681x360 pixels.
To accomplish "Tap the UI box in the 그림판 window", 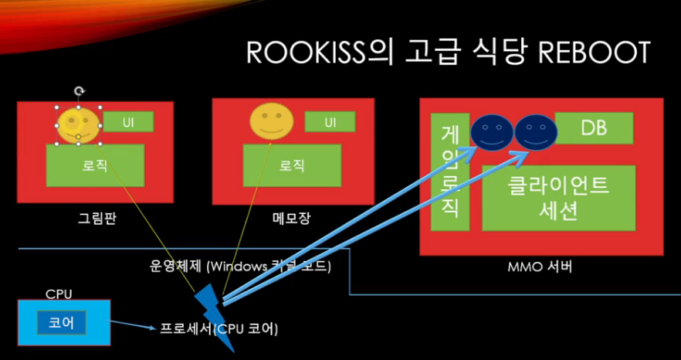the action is point(128,122).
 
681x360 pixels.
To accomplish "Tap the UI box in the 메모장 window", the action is point(330,122).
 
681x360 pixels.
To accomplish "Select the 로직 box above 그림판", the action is point(95,165).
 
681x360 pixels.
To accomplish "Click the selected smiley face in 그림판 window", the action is point(78,125).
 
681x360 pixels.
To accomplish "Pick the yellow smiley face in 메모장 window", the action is point(273,122).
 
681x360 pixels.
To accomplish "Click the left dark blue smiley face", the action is point(493,133).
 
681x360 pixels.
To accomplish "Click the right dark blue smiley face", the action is point(536,133).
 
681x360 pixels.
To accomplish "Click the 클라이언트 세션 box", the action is point(558,198).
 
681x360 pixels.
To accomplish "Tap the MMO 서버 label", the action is point(540,268).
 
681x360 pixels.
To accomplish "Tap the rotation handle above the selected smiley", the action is point(79,91).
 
